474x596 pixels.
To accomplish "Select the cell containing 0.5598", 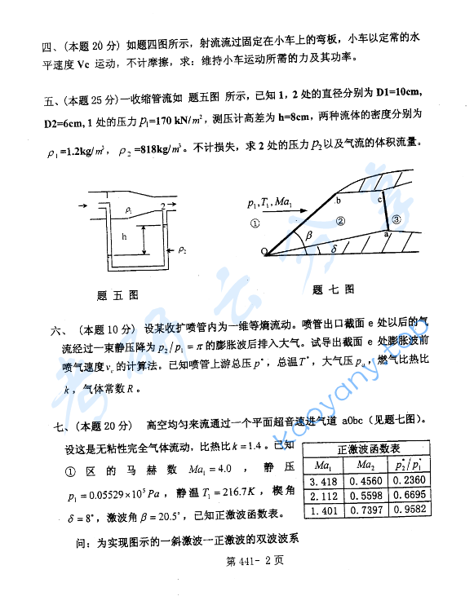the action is [369, 496].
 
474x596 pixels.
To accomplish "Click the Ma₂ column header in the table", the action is [369, 466].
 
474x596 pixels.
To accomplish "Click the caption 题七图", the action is [333, 289].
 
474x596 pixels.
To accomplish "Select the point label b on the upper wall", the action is [338, 199].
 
